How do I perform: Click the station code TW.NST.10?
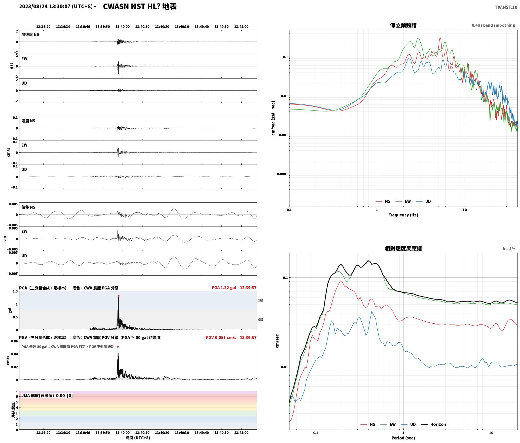pyautogui.click(x=506, y=7)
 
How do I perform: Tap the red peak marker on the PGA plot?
pyautogui.click(x=119, y=296)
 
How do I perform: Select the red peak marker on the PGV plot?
pyautogui.click(x=118, y=347)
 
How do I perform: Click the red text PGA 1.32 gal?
pyautogui.click(x=224, y=288)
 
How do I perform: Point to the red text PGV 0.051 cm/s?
pyautogui.click(x=221, y=338)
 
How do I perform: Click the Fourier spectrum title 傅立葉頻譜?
pyautogui.click(x=403, y=25)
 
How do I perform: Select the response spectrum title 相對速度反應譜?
pyautogui.click(x=403, y=248)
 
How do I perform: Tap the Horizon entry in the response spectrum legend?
pyautogui.click(x=438, y=424)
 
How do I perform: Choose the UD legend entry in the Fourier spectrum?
pyautogui.click(x=428, y=201)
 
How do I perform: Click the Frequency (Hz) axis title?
pyautogui.click(x=403, y=215)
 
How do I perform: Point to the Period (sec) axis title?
pyautogui.click(x=403, y=438)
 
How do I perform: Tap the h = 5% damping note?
pyautogui.click(x=509, y=249)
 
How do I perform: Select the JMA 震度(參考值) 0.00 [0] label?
pyautogui.click(x=47, y=396)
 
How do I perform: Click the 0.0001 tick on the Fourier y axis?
pyautogui.click(x=282, y=174)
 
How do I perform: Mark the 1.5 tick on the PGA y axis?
pyautogui.click(x=15, y=291)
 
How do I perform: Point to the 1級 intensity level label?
pyautogui.click(x=261, y=300)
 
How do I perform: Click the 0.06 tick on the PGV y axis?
pyautogui.click(x=14, y=341)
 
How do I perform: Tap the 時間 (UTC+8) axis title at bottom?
pyautogui.click(x=138, y=438)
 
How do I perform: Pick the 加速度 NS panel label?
pyautogui.click(x=30, y=35)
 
